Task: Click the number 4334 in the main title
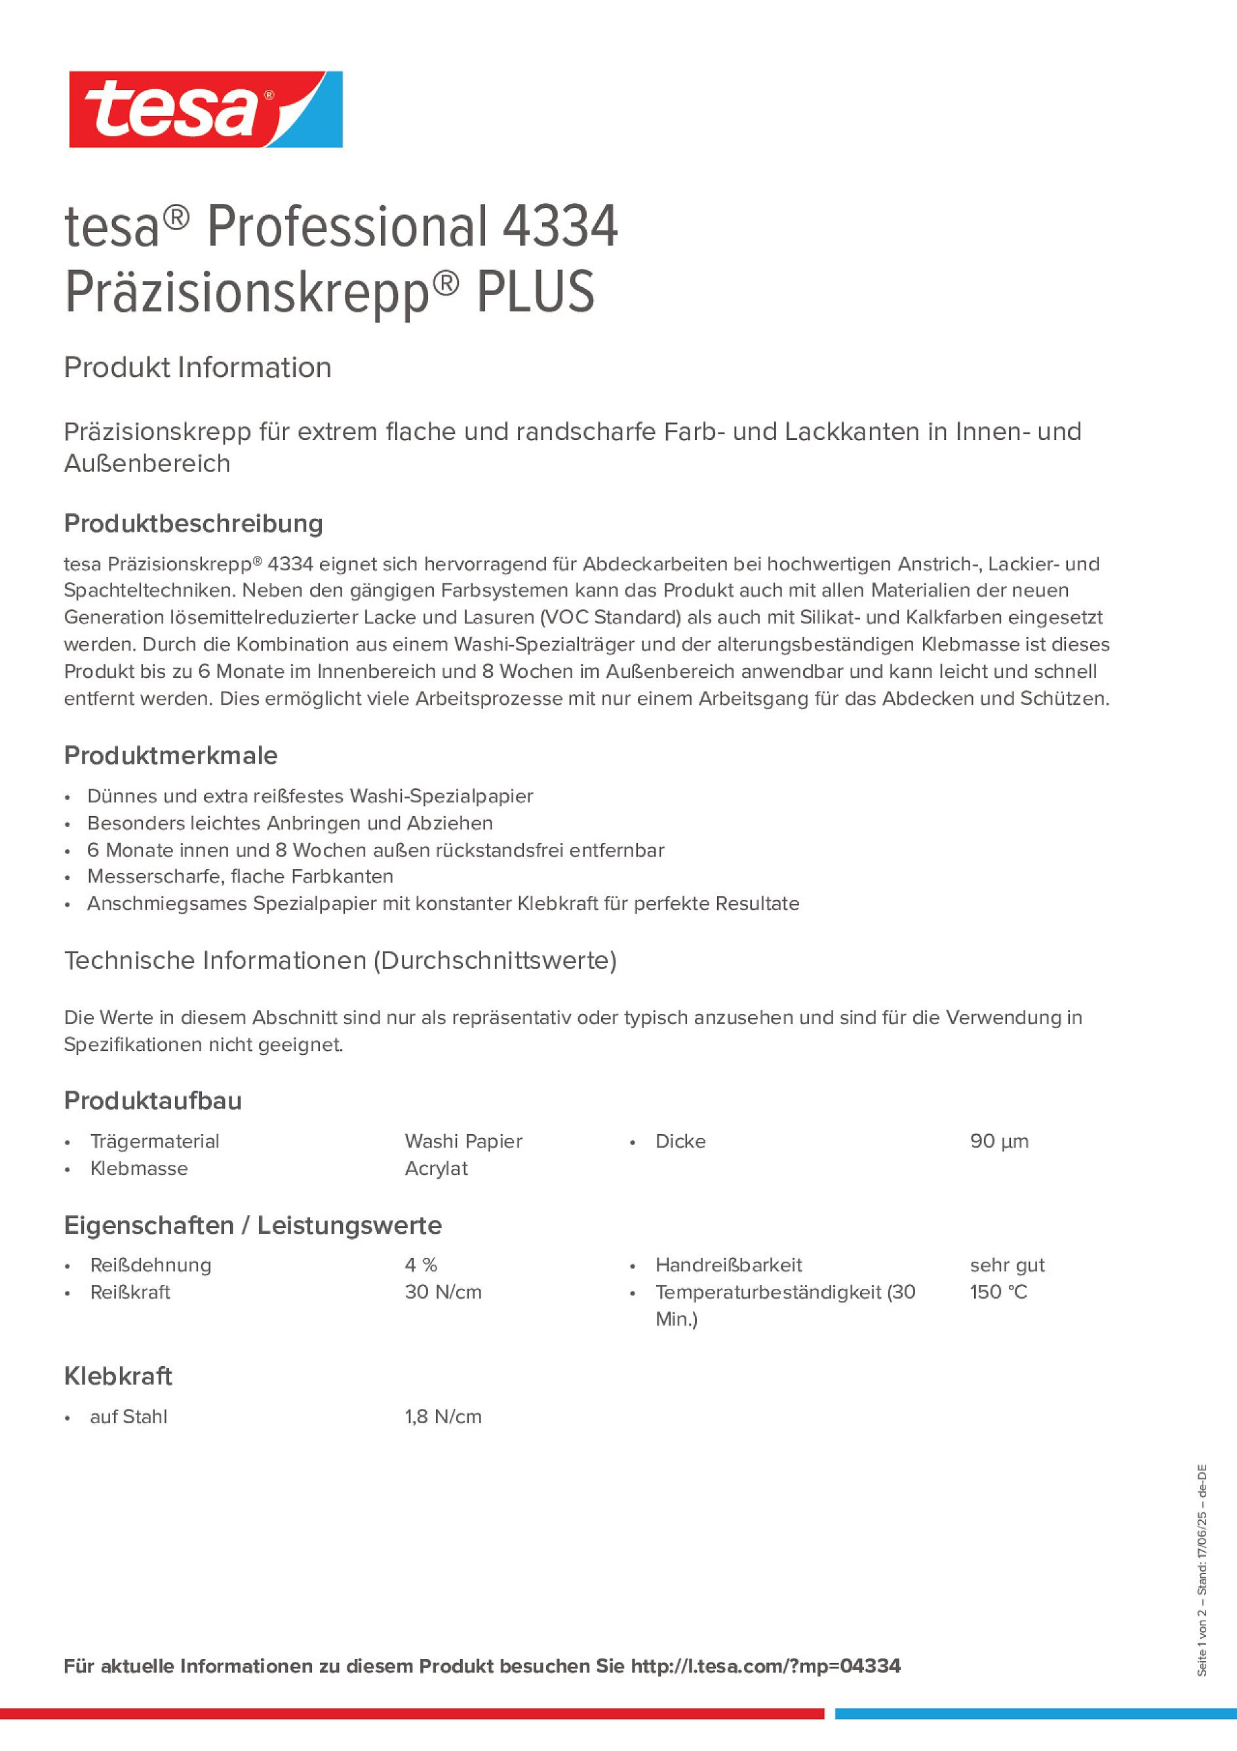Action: point(560,227)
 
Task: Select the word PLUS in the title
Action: point(535,292)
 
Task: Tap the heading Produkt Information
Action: point(197,368)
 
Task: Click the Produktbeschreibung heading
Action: point(193,523)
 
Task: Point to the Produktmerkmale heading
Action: point(171,755)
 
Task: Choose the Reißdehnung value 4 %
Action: point(420,1265)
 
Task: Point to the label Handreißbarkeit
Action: point(728,1265)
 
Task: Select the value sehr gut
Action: point(1007,1265)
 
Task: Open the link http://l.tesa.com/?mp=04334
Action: point(765,1666)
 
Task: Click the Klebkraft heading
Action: point(118,1376)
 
